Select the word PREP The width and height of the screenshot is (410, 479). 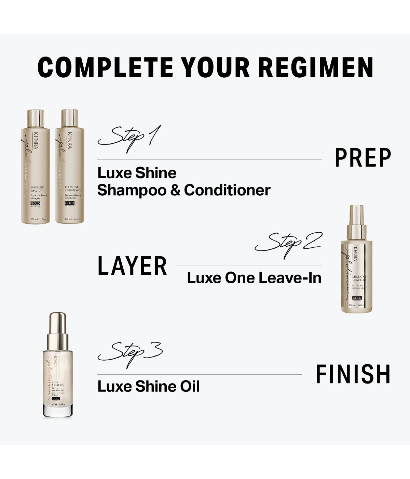(x=363, y=158)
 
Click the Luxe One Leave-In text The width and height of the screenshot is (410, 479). (x=254, y=278)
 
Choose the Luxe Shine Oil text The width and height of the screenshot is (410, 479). (x=149, y=386)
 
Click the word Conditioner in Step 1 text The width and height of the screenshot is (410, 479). (x=227, y=190)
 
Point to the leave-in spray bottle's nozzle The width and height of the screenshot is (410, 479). (x=356, y=212)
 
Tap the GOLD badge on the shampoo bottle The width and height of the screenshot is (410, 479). (x=36, y=204)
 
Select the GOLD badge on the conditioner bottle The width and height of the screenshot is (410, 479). (x=69, y=204)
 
